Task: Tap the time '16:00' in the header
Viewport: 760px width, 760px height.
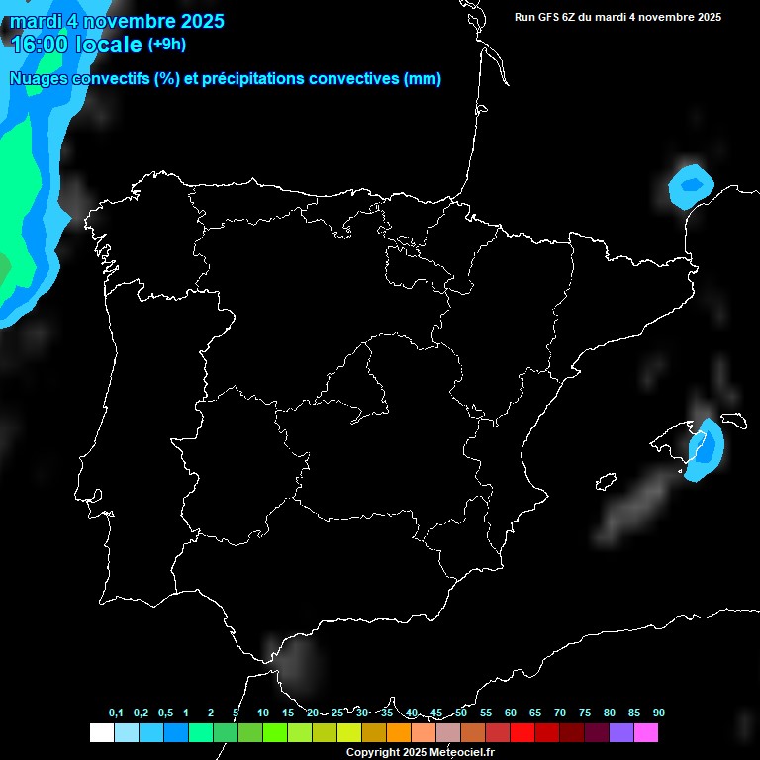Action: [39, 45]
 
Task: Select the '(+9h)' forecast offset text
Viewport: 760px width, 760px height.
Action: [166, 44]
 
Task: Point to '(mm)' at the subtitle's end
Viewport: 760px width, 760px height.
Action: [423, 79]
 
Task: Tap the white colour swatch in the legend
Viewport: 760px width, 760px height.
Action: [101, 733]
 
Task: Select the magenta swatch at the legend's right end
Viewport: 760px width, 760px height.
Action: [646, 733]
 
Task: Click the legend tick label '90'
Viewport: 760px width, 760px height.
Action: [658, 712]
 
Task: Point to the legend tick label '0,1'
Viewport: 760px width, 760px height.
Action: [116, 712]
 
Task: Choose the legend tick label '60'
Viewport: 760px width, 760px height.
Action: [510, 712]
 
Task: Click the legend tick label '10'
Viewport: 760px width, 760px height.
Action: [262, 712]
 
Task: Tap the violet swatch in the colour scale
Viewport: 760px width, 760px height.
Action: [621, 733]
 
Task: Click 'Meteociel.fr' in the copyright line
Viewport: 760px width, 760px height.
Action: [462, 753]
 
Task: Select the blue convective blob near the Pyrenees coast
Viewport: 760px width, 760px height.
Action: [691, 185]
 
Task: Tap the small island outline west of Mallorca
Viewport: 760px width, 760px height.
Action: [604, 482]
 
